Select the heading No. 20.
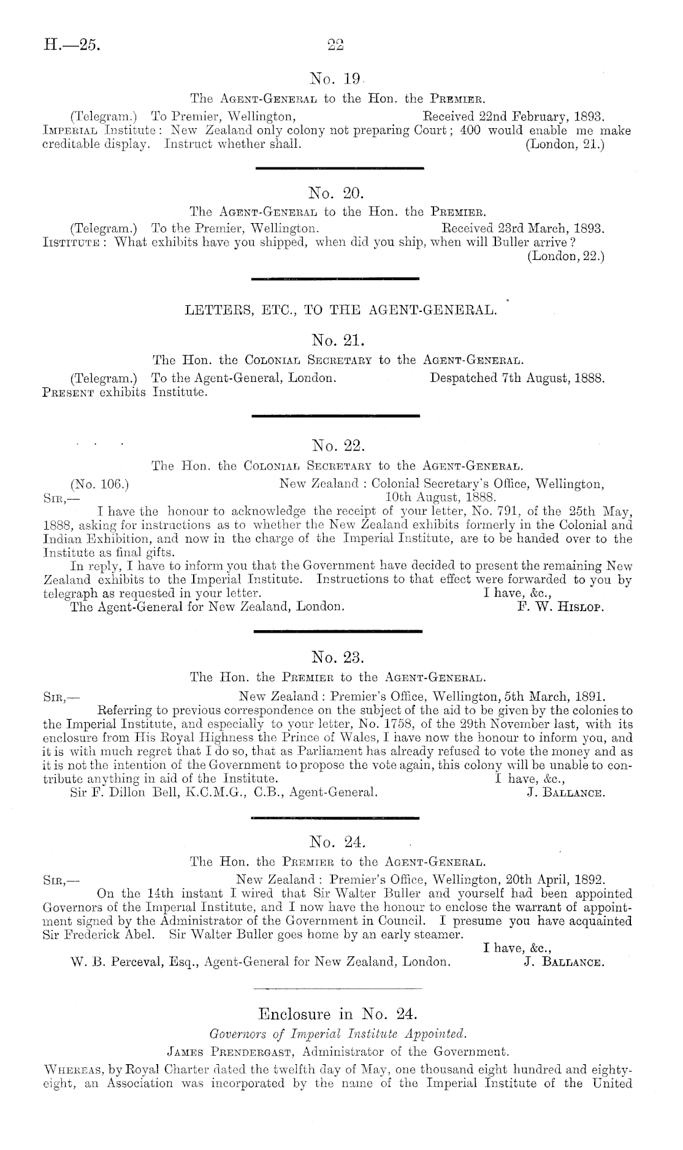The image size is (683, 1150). click(x=337, y=194)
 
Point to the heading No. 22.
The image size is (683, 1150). click(x=338, y=444)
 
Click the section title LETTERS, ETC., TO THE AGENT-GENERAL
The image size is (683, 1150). click(x=340, y=310)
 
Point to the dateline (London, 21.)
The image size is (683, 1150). click(x=565, y=147)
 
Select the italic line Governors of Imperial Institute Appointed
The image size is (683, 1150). click(x=338, y=1035)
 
